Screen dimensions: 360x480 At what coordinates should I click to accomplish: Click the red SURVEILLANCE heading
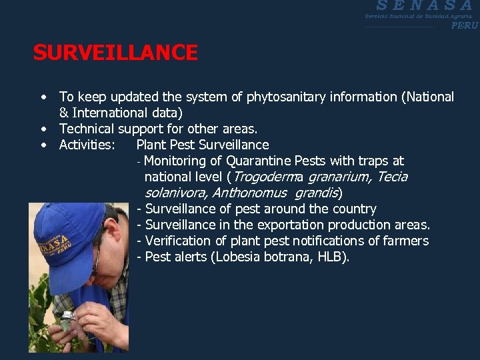pos(115,53)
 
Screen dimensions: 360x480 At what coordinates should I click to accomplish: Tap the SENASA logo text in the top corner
pos(424,6)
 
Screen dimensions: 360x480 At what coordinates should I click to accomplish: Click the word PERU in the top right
pos(464,26)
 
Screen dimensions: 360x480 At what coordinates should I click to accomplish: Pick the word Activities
pos(87,145)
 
